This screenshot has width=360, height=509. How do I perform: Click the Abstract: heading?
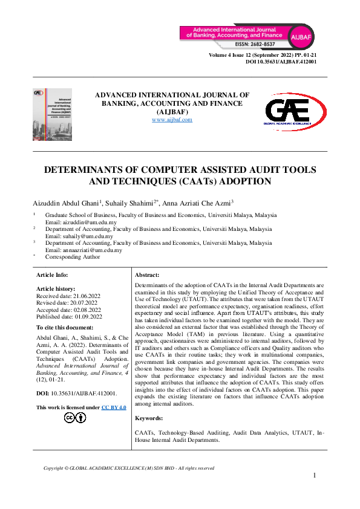[x=146, y=274]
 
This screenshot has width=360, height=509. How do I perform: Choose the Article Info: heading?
[x=53, y=274]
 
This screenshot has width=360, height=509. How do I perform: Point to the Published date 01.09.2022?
[x=70, y=317]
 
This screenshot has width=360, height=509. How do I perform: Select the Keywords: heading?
[x=149, y=418]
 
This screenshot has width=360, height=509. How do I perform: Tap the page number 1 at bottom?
[x=315, y=476]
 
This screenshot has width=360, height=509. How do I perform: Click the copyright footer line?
[x=129, y=468]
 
